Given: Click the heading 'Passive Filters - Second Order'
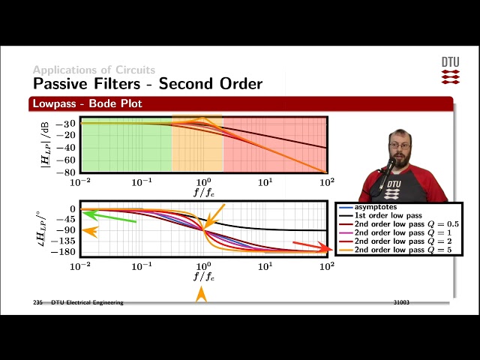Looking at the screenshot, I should (148, 82).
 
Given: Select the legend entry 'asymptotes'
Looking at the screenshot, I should (377, 206).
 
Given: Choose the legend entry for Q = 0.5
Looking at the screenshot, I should (406, 224).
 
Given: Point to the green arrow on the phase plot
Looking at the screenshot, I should (109, 217).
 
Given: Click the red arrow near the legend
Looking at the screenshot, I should (312, 246).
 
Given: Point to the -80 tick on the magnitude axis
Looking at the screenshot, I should (67, 172).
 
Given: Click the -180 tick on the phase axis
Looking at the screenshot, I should (64, 253).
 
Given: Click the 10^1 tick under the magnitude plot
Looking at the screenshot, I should (265, 182).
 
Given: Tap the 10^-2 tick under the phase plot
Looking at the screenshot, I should (80, 266).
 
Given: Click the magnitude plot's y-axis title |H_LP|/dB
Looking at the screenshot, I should (46, 145).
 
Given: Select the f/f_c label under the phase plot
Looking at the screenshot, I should (203, 276).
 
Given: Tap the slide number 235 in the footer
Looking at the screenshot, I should (37, 302).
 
